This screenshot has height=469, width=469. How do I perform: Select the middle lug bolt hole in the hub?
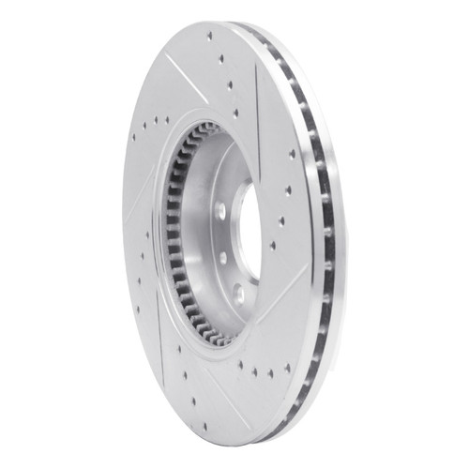click(x=223, y=254)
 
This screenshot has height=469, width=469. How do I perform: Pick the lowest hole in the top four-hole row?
click(x=235, y=113)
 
